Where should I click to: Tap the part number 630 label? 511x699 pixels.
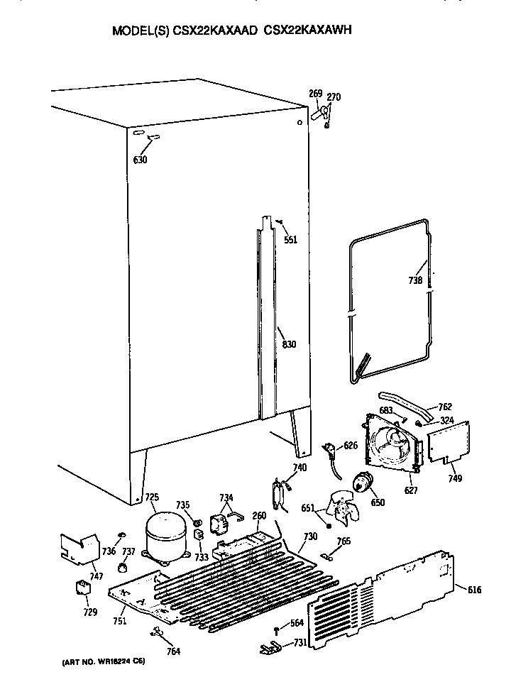pyautogui.click(x=141, y=160)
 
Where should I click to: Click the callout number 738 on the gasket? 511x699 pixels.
pyautogui.click(x=416, y=280)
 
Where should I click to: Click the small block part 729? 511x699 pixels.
pyautogui.click(x=84, y=588)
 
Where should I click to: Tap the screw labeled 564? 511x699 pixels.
pyautogui.click(x=276, y=629)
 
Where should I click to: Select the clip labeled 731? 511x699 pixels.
pyautogui.click(x=270, y=646)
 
